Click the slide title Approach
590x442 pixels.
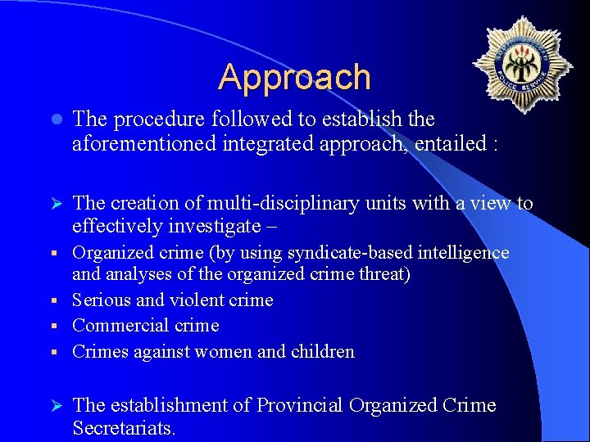294,77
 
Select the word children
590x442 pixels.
320,352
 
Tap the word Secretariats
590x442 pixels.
123,428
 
